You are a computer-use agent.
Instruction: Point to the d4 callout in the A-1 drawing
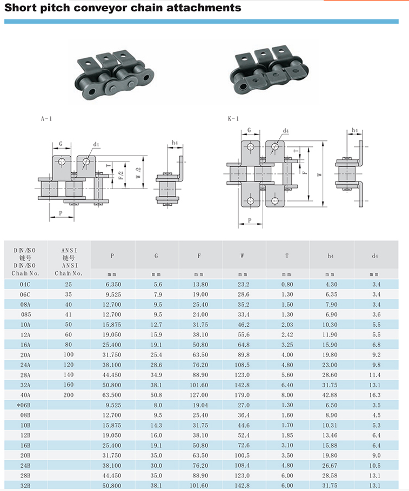[x=96, y=144]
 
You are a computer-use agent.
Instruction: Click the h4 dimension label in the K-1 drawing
[x=355, y=131]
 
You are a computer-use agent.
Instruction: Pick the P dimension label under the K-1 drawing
[x=249, y=220]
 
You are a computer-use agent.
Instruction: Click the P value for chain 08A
[x=112, y=304]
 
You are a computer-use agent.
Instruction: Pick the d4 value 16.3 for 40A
[x=376, y=395]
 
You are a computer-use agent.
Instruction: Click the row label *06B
[x=25, y=405]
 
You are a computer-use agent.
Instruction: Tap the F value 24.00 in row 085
[x=200, y=314]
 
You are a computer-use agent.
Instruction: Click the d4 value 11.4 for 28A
[x=376, y=375]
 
